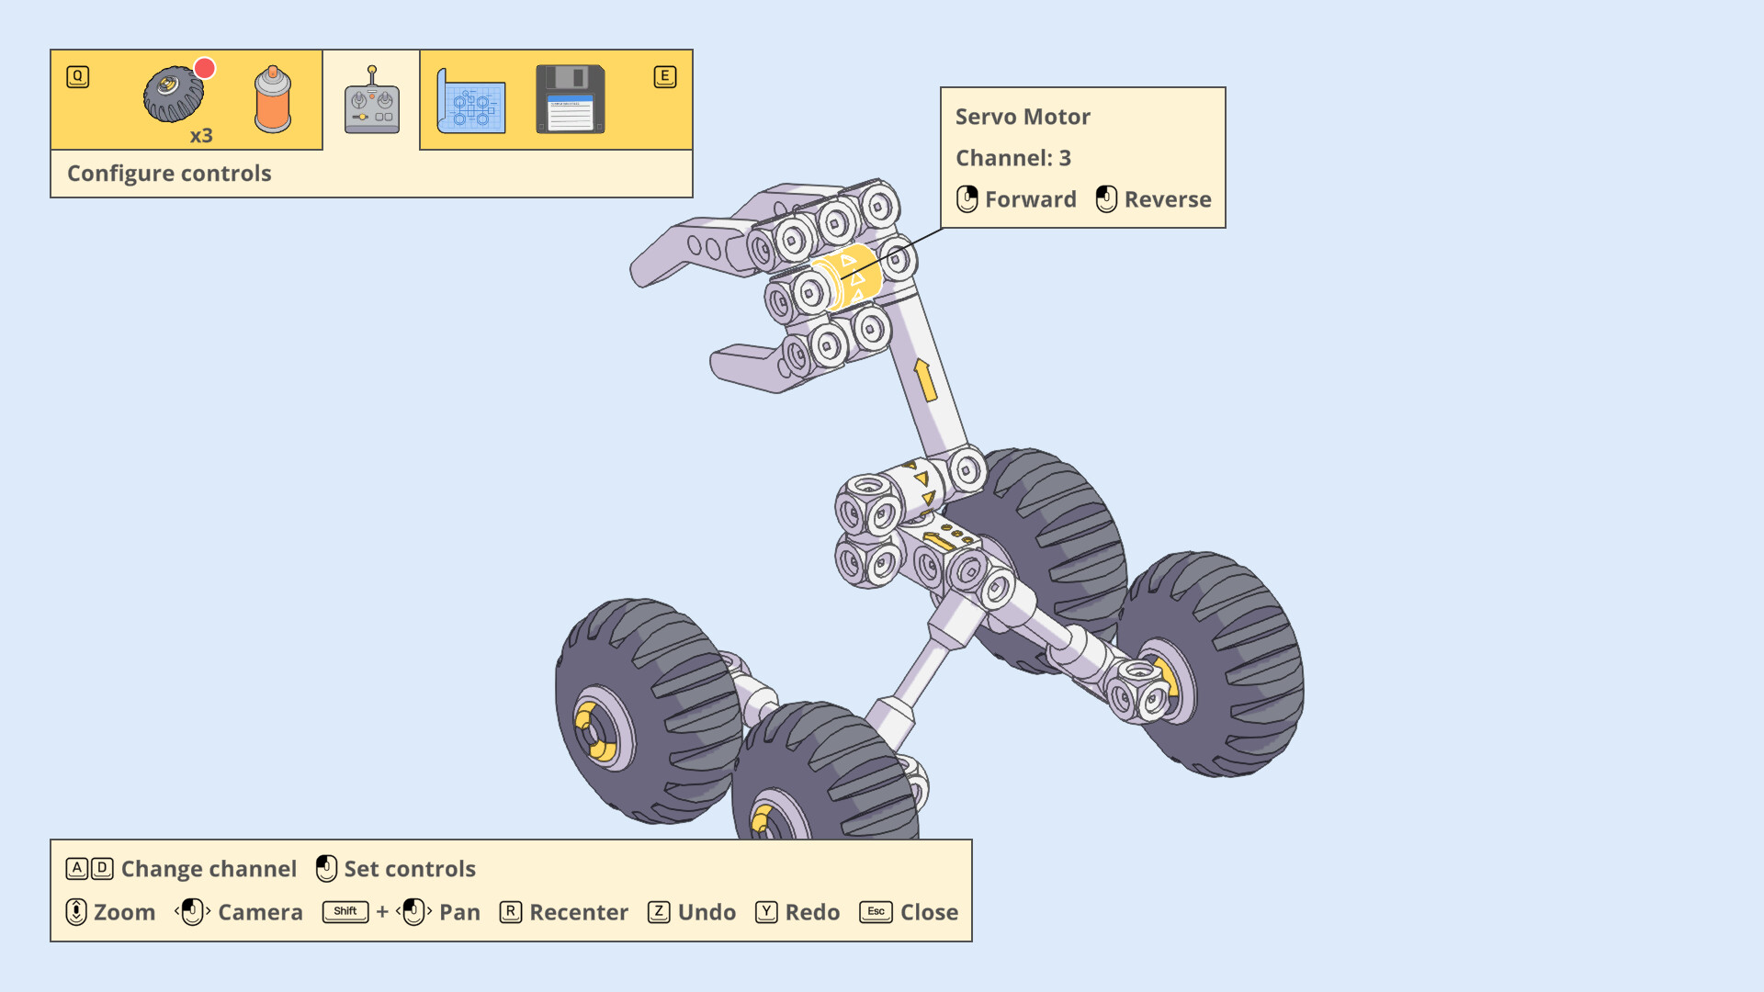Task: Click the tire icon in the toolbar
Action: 174,94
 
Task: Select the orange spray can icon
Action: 273,99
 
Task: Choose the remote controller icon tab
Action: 372,100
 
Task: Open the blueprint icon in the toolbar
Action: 471,100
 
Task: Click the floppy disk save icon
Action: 571,99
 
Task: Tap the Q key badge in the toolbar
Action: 78,76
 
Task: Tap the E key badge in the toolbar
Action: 665,76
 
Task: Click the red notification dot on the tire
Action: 205,68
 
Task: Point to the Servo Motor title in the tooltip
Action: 1023,117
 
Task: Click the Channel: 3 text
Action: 1013,158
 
